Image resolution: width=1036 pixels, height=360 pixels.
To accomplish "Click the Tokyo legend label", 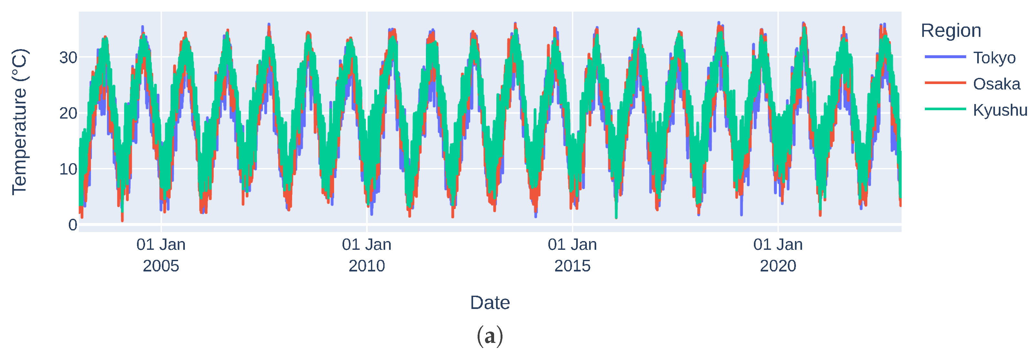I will point(994,58).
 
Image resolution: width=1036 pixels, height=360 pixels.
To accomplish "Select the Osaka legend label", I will point(996,84).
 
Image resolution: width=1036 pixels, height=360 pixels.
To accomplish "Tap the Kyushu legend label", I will point(1000,110).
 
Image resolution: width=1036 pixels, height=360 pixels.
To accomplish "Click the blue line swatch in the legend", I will point(945,57).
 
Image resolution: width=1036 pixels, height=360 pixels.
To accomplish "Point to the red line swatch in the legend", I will point(945,83).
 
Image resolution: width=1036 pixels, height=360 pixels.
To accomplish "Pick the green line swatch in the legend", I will point(945,109).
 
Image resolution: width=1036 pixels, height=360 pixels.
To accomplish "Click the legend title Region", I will point(951,31).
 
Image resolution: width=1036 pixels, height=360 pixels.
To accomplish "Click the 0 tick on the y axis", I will point(72,225).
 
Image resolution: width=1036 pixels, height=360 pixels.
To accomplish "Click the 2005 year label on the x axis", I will point(161,266).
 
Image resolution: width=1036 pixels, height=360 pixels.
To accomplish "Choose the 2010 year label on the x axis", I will point(366,266).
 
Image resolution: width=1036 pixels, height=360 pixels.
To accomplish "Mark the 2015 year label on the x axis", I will point(572,266).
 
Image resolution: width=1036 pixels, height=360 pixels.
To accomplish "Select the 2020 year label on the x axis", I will point(778,266).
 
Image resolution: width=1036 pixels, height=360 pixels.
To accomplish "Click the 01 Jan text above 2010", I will point(366,245).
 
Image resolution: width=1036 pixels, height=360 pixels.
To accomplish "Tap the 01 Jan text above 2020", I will point(778,245).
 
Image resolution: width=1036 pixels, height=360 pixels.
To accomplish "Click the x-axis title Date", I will point(490,302).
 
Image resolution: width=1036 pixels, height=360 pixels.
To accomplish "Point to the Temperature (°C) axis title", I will point(19,122).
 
